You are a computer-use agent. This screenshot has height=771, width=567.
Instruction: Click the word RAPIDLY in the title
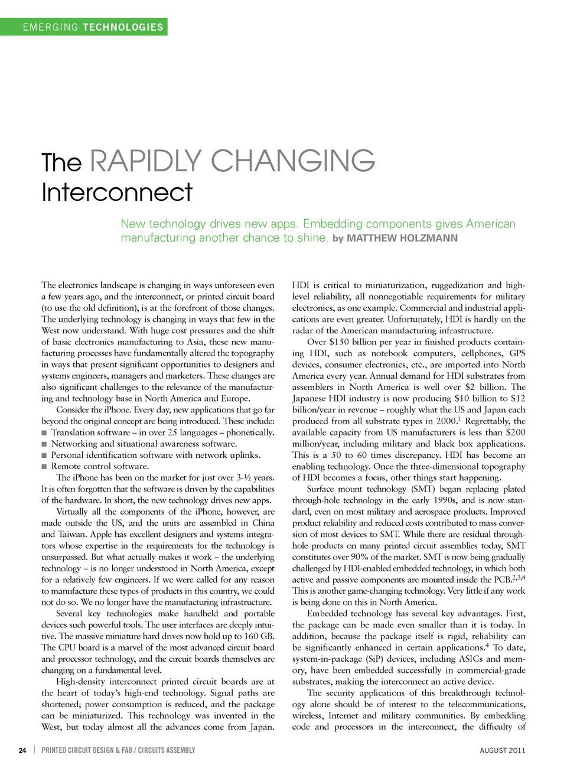pos(146,161)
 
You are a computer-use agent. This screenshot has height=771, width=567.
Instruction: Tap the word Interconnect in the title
pos(117,192)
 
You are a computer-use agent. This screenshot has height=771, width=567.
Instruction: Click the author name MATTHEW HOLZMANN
pos(402,238)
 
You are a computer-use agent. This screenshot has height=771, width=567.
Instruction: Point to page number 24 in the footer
pos(22,750)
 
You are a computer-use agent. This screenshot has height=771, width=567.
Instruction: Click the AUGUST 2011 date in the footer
pos(502,750)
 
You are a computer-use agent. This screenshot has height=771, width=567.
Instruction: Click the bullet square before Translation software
pos(44,433)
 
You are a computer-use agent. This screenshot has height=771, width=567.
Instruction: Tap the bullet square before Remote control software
pos(44,467)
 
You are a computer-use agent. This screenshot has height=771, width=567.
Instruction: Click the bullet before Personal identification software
pos(44,456)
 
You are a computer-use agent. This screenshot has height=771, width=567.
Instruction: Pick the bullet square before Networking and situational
pos(44,444)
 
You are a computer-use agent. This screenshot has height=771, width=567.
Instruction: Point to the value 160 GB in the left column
pos(259,636)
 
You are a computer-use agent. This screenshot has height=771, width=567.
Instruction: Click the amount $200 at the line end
pos(515,432)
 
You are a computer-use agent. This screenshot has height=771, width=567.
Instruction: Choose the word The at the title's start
pos(61,162)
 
